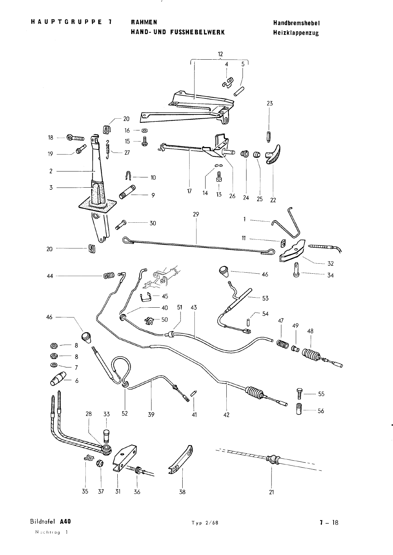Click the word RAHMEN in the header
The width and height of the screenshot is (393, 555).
pos(144,23)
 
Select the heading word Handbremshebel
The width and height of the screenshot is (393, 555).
pos(296,23)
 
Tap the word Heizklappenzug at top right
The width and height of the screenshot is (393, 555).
pos(296,33)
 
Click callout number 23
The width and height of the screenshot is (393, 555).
pos(269,103)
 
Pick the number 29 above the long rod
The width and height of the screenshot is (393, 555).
pos(196,215)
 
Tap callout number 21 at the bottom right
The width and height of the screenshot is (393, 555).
pos(271,492)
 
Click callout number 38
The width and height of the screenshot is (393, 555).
pos(182,492)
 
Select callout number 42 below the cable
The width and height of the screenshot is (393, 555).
pos(226,415)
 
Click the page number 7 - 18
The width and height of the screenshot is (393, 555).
pos(329,523)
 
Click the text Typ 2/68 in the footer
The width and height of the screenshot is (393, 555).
pos(204,523)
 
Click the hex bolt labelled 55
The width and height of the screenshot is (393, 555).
pos(299,394)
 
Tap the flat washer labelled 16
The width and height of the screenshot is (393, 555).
pos(144,131)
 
